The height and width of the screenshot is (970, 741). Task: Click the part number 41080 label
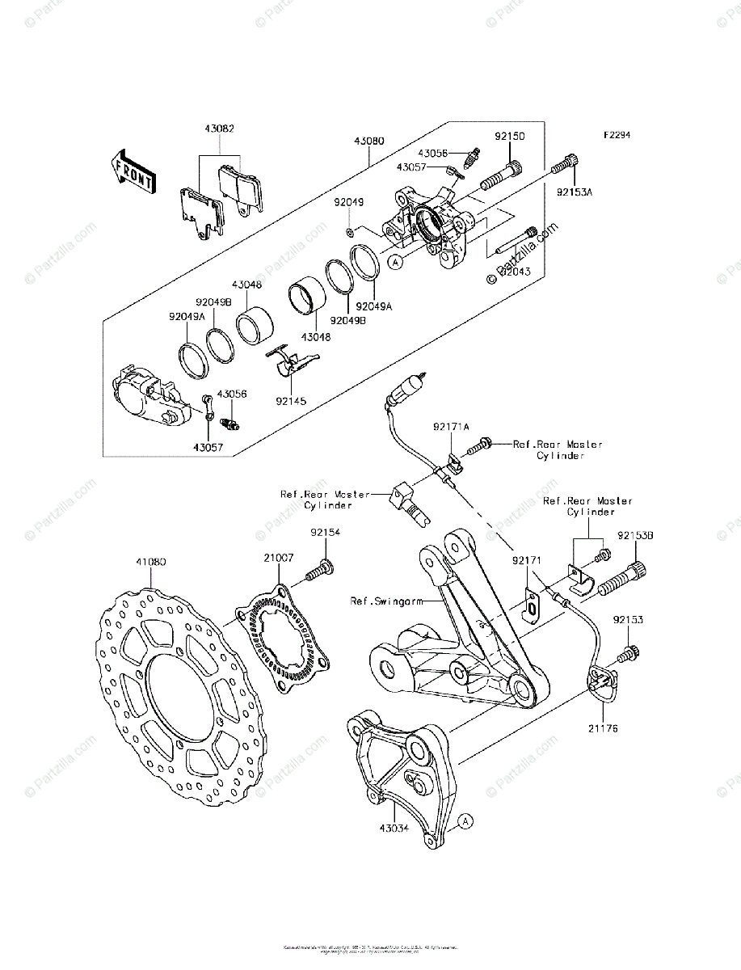pos(151,559)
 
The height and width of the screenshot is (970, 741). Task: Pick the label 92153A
pos(575,192)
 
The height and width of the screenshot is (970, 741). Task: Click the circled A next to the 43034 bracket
pos(465,823)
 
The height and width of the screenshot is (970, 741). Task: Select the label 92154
pos(325,533)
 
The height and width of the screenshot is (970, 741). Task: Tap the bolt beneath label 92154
pos(320,571)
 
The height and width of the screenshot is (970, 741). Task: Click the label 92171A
pos(450,426)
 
